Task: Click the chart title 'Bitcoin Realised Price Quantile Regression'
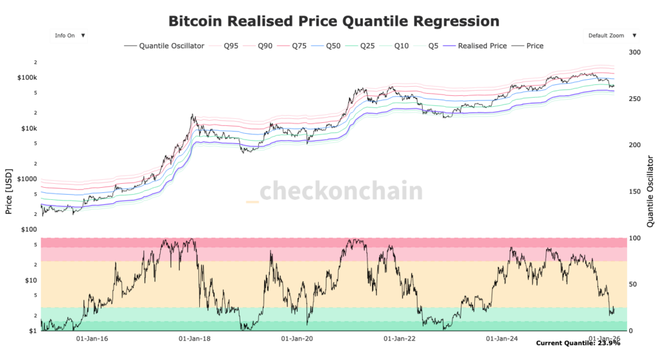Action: point(333,21)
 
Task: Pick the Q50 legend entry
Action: point(333,46)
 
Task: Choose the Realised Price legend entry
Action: point(482,46)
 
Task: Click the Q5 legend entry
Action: point(434,46)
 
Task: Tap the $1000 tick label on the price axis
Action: point(26,179)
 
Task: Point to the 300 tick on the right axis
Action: point(635,52)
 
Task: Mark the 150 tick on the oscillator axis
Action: point(635,192)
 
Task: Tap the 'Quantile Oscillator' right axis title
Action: point(650,190)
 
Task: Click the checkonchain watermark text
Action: point(341,191)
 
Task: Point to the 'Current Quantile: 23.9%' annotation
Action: point(578,344)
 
